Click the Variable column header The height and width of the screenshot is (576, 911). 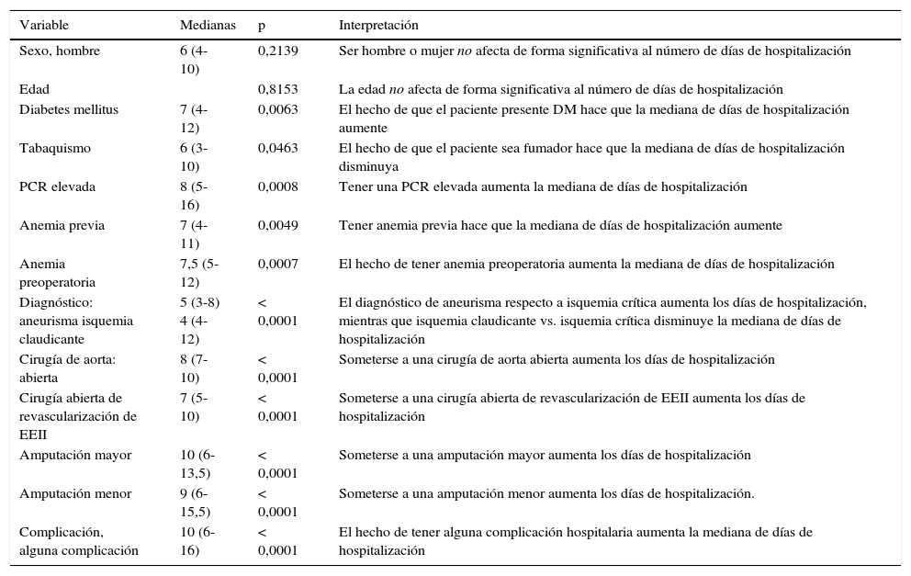point(44,25)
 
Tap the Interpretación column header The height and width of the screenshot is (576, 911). point(378,25)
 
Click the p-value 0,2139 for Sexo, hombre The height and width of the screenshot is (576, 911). point(277,51)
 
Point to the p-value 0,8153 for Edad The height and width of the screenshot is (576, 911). point(277,90)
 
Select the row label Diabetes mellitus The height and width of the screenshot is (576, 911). point(69,110)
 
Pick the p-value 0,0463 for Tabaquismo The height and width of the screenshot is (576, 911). point(277,149)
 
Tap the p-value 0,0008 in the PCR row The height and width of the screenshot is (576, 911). point(277,187)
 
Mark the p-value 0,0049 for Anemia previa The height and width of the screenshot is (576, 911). point(277,226)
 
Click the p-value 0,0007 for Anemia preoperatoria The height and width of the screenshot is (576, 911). point(277,265)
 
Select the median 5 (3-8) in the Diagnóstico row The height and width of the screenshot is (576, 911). point(199,303)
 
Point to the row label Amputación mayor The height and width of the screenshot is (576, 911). point(75,456)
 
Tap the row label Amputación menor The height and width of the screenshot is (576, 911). point(75,494)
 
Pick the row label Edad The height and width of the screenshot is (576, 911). point(34,90)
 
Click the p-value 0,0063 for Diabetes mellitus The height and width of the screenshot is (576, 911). point(277,110)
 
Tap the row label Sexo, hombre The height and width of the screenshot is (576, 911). point(60,51)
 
